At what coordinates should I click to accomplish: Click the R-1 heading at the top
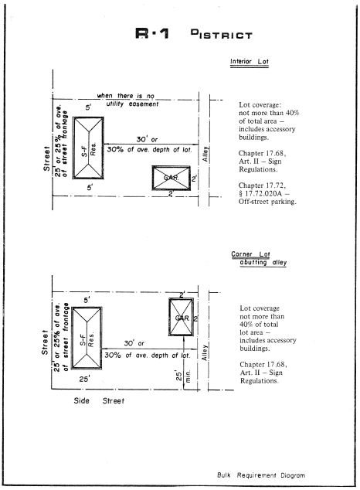tap(152, 33)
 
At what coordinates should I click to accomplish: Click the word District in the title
tap(221, 34)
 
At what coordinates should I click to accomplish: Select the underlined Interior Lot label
tap(250, 62)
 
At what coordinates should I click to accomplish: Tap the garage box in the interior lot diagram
tap(171, 178)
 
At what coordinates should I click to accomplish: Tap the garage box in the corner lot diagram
tap(181, 317)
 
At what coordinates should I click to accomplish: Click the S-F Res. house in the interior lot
tap(88, 148)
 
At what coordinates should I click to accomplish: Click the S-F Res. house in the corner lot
tap(87, 338)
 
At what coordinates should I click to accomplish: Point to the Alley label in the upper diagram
tap(205, 154)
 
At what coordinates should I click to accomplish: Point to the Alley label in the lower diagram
tap(205, 352)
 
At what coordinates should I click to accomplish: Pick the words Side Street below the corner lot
tap(99, 400)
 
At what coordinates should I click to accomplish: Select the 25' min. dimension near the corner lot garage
tap(183, 376)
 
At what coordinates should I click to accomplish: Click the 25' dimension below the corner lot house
tap(84, 379)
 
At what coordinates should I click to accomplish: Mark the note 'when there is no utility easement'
tap(127, 100)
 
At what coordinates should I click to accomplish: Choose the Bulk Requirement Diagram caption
tap(261, 475)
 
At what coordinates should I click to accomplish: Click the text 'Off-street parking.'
tap(267, 202)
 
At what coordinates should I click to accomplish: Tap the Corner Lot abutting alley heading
tap(259, 258)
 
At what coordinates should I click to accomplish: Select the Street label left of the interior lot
tap(46, 158)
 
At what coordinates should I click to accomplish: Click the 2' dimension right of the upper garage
tap(194, 179)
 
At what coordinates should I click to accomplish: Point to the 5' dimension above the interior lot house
tap(89, 107)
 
